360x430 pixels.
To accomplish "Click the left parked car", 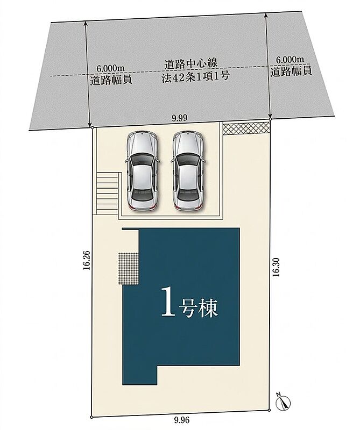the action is coord(142,171).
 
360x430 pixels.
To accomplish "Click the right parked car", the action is coord(188,171).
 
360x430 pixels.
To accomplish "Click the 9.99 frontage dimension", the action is coord(179,118).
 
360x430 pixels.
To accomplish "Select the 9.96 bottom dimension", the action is coord(182,420).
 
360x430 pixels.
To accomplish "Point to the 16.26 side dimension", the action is coord(86,260).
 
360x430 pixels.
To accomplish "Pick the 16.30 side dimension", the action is coord(276,267).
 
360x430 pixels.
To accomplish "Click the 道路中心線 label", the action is coord(191,63).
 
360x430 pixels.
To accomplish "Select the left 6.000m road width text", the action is coord(111,68).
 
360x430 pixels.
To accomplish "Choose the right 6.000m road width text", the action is coord(290,59).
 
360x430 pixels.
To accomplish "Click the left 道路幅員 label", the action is coord(111,80).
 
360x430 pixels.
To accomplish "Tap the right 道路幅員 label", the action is coord(291,71).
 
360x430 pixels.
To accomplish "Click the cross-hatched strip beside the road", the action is coord(246,128).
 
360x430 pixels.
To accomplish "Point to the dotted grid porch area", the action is coord(128,268).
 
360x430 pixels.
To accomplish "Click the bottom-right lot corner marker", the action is coord(270,410).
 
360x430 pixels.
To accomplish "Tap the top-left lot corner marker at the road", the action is coord(92,127).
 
